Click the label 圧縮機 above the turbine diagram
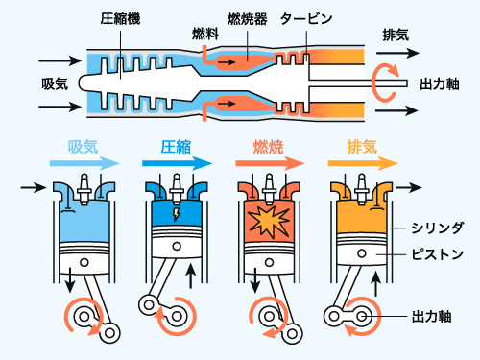pos(120,19)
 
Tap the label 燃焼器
pos(248,19)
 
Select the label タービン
pos(306,19)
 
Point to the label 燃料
pos(205,34)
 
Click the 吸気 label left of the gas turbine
pos(55,84)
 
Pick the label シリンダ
pos(437,228)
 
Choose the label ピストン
pos(437,254)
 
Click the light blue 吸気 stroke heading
pos(83,147)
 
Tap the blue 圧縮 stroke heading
pos(176,147)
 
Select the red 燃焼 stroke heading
pos(268,147)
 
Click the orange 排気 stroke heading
pos(362,147)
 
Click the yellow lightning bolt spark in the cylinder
pos(176,215)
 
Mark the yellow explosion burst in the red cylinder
pos(270,222)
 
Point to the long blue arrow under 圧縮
pos(177,163)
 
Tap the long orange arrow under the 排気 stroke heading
pos(363,163)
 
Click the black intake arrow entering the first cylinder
pos(34,187)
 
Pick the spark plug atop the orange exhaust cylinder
pos(362,189)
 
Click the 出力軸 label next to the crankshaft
pos(431,317)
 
